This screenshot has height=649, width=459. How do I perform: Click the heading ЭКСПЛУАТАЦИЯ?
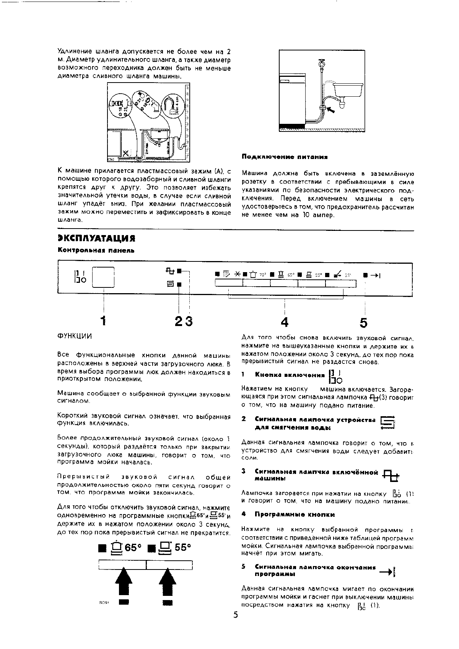pyautogui.click(x=96, y=238)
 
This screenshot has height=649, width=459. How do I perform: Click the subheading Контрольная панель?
pyautogui.click(x=96, y=250)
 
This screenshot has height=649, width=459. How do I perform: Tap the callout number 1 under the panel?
pyautogui.click(x=103, y=321)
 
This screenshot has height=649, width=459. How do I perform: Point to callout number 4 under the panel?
pyautogui.click(x=284, y=322)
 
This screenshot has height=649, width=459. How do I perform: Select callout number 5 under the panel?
pyautogui.click(x=363, y=323)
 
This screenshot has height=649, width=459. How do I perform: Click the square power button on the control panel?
pyautogui.click(x=103, y=277)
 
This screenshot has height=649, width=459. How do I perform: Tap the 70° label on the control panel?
pyautogui.click(x=263, y=274)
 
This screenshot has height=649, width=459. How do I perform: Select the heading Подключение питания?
pyautogui.click(x=285, y=157)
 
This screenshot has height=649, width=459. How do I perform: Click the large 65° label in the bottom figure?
pyautogui.click(x=133, y=548)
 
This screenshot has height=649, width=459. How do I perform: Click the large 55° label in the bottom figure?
pyautogui.click(x=182, y=547)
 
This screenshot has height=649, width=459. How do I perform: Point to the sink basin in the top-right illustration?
pyautogui.click(x=348, y=90)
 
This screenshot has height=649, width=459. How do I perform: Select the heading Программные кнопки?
pyautogui.click(x=295, y=514)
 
